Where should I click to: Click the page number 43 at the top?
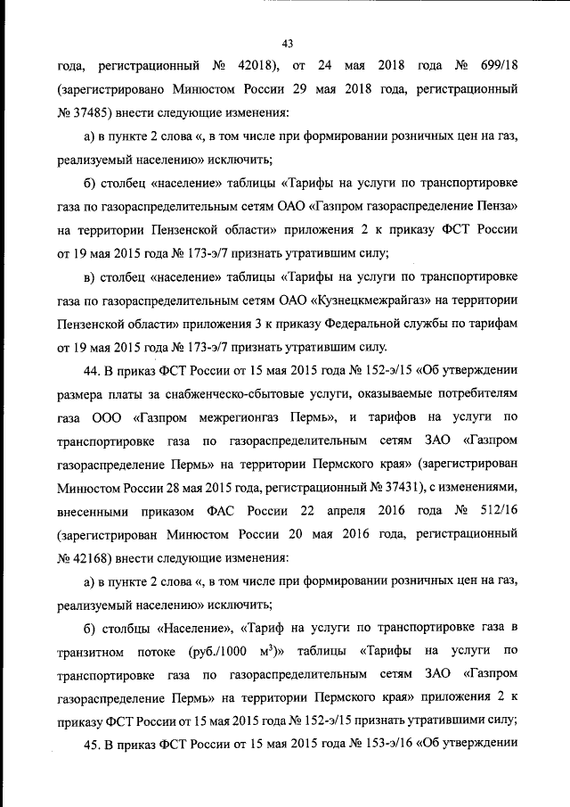pos(287,43)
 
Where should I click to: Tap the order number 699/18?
pos(493,66)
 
